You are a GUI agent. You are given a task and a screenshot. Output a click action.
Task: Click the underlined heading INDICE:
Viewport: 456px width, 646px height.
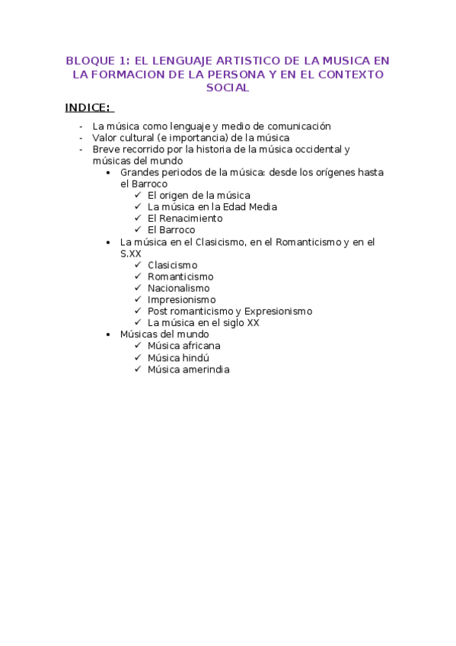88,107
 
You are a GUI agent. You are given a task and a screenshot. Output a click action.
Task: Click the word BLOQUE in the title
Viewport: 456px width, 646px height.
88,60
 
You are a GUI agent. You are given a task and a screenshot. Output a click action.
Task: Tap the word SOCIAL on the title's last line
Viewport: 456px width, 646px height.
228,88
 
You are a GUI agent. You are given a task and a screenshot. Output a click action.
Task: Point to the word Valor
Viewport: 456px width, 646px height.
105,138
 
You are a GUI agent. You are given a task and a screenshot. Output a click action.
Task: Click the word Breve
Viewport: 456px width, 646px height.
107,149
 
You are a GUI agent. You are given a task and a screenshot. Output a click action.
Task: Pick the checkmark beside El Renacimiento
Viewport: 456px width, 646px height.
138,219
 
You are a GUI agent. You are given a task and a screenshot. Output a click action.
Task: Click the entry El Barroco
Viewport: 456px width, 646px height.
171,230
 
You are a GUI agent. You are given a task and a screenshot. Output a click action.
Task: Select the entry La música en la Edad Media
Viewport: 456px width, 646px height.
212,207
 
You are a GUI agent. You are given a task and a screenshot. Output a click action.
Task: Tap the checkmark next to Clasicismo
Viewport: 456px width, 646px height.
138,265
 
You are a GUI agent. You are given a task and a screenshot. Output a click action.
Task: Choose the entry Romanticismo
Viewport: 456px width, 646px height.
180,277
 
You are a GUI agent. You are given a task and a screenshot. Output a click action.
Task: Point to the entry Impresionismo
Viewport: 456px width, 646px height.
181,300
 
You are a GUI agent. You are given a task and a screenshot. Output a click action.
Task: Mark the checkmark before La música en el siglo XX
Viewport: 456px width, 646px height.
138,323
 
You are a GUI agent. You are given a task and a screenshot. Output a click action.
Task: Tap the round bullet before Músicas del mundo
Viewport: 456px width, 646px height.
111,334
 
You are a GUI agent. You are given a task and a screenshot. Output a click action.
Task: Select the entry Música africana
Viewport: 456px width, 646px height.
184,346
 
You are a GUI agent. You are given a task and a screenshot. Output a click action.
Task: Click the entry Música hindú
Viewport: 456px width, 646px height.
178,358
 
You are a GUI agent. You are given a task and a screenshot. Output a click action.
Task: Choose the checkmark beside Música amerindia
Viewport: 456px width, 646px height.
138,369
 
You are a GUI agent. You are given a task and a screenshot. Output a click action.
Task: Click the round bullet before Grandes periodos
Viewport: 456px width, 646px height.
111,173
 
